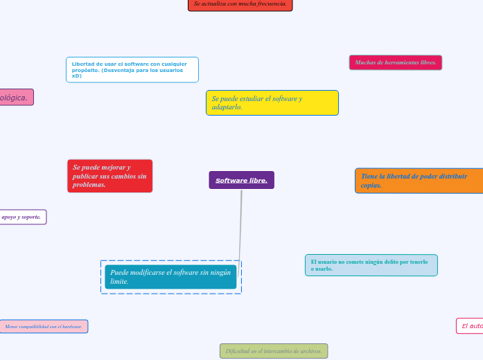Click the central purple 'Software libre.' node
241,180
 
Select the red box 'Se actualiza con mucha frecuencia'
240,4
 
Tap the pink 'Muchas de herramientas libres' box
395,62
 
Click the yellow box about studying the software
272,102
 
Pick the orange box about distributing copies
419,181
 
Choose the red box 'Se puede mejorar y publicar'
109,176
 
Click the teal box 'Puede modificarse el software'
170,277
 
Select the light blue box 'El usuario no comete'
371,265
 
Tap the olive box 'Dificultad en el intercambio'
273,351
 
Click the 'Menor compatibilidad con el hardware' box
44,326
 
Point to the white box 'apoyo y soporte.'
22,217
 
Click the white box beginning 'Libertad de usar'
132,69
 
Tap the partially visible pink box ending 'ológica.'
16,98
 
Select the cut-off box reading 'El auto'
470,326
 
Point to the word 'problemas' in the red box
88,185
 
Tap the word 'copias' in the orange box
370,186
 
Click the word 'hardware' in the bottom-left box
71,326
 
